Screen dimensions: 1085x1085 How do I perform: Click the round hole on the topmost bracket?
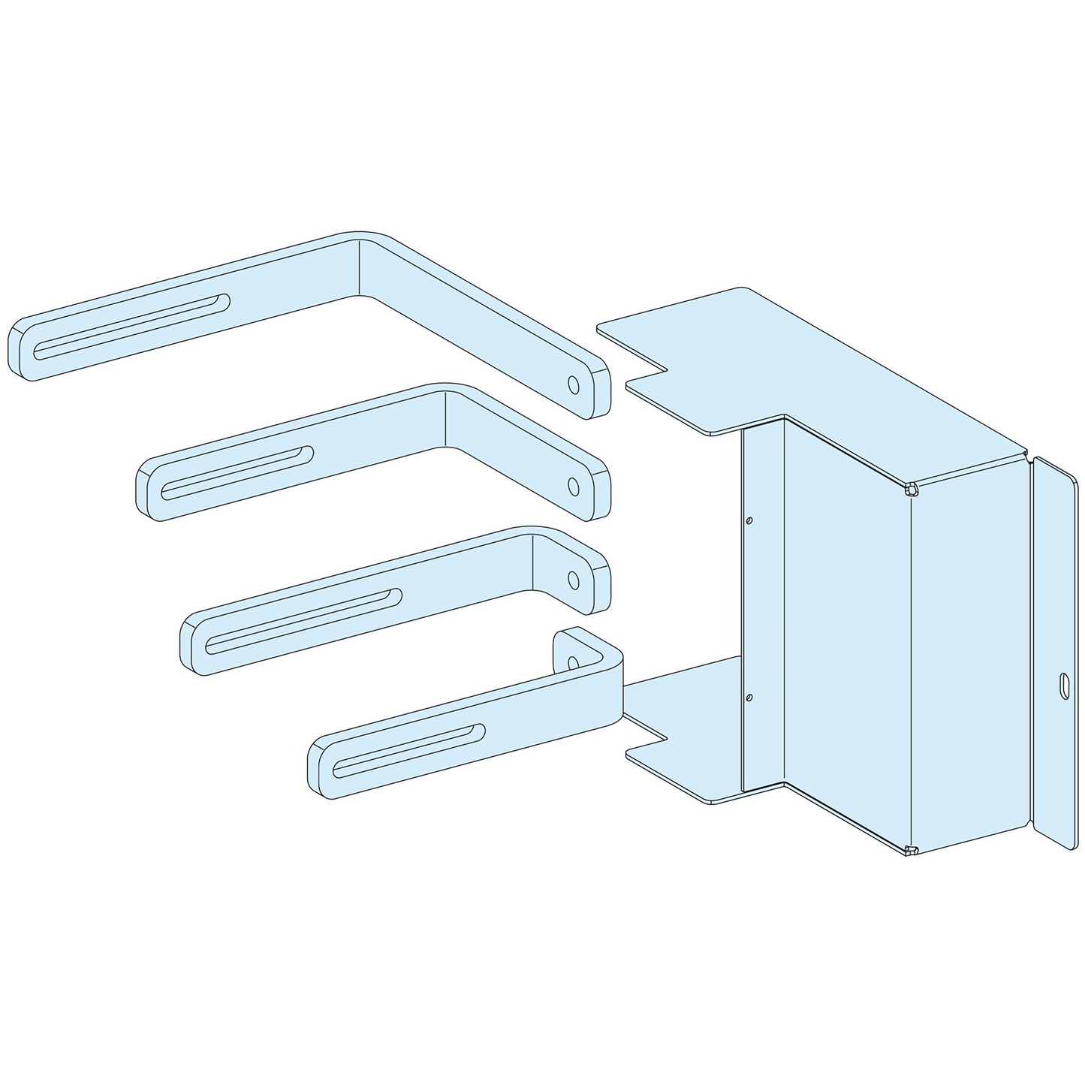coord(574,384)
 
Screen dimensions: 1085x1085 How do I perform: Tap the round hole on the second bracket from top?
coord(574,486)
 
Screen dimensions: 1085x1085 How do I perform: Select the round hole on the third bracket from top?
coord(573,579)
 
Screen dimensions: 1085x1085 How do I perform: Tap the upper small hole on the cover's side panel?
coord(749,520)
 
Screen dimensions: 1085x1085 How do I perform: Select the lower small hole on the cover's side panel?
coord(749,698)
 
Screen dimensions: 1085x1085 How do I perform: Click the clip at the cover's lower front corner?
coord(911,850)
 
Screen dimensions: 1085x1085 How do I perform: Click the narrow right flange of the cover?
coord(1055,653)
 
